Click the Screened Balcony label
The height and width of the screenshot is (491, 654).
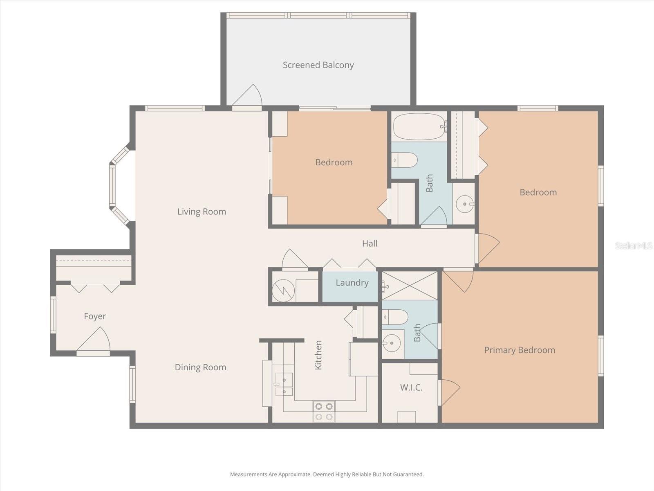coord(318,65)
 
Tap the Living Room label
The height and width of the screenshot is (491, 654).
coord(202,212)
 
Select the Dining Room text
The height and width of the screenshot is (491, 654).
coord(200,367)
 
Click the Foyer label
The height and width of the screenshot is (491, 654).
coord(95,316)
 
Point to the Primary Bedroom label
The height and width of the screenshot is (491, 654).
coord(520,350)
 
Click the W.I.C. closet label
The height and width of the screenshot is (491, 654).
coord(411,387)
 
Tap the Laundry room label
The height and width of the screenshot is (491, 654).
coord(352,283)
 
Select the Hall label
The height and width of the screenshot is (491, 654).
coord(370,243)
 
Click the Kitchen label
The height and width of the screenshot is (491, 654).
coord(318,355)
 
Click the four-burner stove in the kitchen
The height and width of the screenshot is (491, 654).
coord(324,411)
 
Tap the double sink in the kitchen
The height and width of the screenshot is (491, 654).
coord(284,385)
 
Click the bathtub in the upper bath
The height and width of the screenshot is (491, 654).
coord(419,127)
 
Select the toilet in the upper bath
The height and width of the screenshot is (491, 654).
coord(404,160)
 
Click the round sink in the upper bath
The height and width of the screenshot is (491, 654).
coord(464,204)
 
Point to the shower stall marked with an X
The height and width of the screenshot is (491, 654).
coord(410,286)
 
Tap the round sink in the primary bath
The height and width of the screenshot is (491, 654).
coord(392,342)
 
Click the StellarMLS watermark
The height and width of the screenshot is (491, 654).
coord(633,245)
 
